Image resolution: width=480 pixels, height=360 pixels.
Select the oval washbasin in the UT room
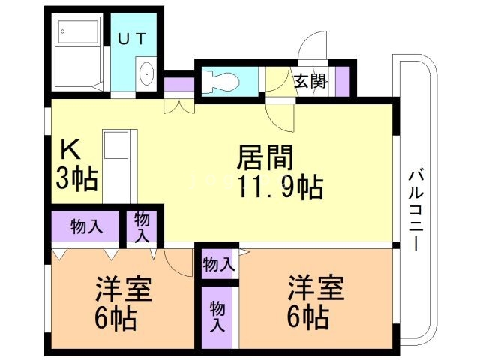[x=145, y=74]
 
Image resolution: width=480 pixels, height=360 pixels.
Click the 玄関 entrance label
[x=310, y=81]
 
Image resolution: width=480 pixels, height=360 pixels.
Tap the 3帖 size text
[x=76, y=178]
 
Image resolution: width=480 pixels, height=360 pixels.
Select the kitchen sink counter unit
[x=118, y=165]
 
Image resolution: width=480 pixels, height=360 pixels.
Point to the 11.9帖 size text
[x=280, y=185]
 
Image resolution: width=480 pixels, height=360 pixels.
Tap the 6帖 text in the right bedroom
[x=307, y=316]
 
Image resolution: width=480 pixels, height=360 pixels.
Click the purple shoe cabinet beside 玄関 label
[x=342, y=81]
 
